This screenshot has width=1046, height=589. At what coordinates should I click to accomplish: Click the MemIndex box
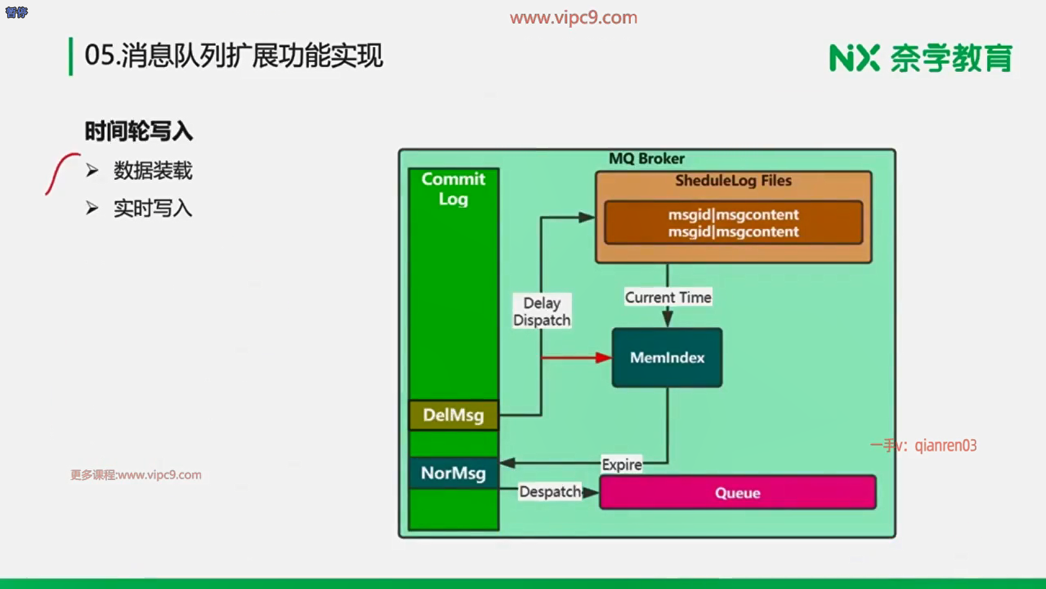[667, 358]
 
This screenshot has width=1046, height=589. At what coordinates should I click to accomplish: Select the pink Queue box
[738, 492]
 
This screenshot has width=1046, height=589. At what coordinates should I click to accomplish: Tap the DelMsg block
[453, 415]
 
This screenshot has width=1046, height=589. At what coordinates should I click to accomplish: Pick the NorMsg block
[453, 473]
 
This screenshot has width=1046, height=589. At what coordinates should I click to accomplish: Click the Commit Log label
[453, 189]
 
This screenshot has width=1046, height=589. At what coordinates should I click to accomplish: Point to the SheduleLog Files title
[733, 181]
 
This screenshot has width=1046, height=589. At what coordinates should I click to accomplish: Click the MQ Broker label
[647, 159]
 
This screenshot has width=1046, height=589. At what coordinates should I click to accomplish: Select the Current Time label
[668, 297]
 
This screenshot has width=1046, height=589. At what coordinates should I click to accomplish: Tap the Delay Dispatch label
[542, 311]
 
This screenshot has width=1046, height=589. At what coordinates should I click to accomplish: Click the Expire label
[622, 465]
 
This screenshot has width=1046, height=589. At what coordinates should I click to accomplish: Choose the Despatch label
[550, 491]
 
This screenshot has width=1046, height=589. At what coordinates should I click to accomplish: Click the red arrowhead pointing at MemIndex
[604, 358]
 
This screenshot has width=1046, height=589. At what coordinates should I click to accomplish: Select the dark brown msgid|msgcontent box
[733, 223]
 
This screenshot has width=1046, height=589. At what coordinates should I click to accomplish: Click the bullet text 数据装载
[153, 171]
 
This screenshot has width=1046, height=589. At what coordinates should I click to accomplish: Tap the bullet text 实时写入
[153, 208]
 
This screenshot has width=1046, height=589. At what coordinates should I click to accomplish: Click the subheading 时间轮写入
[139, 131]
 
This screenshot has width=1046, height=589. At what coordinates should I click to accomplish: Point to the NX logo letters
[854, 58]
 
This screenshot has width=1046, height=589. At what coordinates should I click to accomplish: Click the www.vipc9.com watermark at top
[574, 17]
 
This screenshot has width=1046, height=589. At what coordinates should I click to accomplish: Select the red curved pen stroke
[63, 174]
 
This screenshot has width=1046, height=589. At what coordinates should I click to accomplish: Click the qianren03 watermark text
[946, 446]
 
